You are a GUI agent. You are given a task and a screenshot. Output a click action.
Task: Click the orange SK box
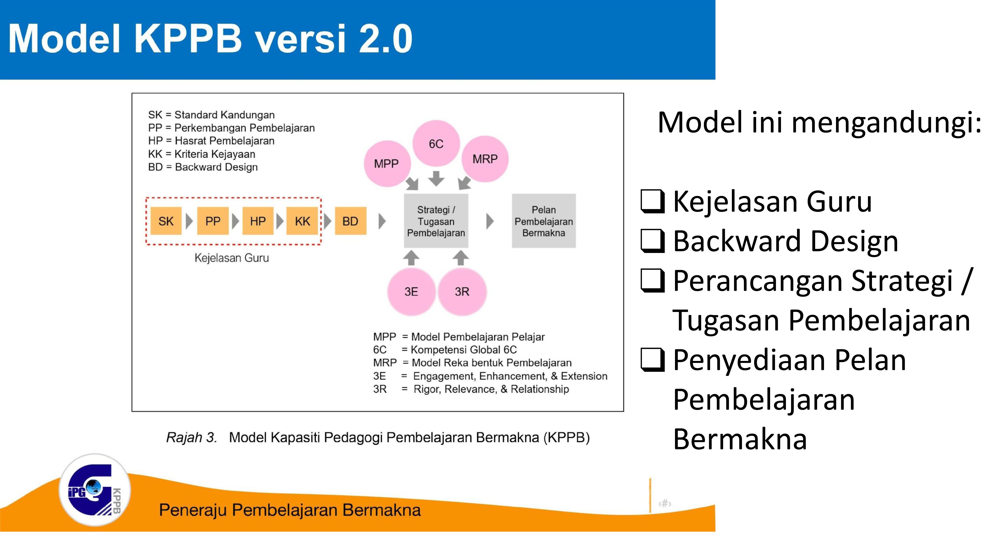pos(166,221)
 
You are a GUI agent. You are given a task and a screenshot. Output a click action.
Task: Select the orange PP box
pos(213,221)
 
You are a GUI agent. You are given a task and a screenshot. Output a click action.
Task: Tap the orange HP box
pos(258,221)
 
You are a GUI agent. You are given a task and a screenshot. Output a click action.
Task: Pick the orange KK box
pos(302,221)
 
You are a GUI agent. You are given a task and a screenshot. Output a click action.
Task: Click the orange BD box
pos(350,221)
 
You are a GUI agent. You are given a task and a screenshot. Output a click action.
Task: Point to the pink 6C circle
pos(436,143)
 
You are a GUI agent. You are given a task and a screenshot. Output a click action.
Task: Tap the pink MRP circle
pos(485,159)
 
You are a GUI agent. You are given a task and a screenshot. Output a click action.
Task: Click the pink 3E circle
pos(411,291)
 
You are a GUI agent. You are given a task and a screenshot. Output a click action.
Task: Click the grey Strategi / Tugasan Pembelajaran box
pos(436,221)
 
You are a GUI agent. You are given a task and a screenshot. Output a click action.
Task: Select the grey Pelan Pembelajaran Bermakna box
pos(544,221)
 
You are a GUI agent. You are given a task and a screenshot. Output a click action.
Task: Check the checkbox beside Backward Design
pos(653,241)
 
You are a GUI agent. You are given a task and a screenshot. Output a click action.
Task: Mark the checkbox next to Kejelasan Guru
pos(653,201)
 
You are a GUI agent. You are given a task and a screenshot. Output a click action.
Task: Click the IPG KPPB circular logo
pos(95,490)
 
